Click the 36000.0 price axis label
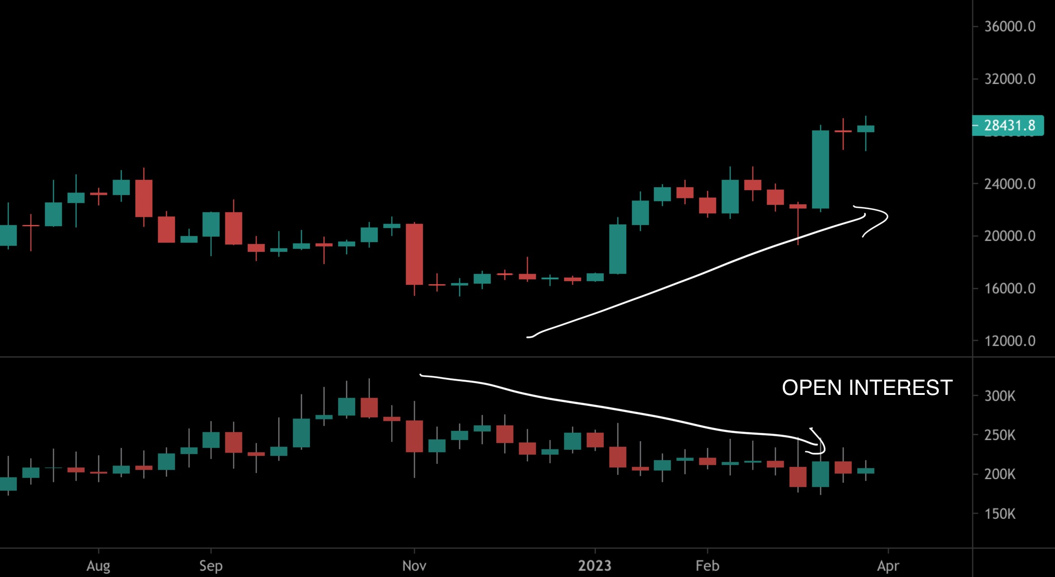(x=1009, y=27)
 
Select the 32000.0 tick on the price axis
(x=1009, y=79)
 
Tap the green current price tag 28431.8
(x=1009, y=125)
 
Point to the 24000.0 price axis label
(x=1009, y=184)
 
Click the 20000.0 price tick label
(x=1009, y=236)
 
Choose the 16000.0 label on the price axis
(x=1009, y=288)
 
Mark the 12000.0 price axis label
(x=1009, y=341)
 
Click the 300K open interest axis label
(x=1000, y=396)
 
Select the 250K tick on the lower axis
(x=1000, y=435)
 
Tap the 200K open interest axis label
(x=1000, y=475)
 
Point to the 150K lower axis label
(x=1000, y=514)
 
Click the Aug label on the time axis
(x=98, y=566)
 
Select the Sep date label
(x=210, y=566)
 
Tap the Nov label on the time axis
(x=414, y=566)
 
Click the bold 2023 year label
(x=594, y=566)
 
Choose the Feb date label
(x=707, y=566)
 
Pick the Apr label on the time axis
(x=888, y=566)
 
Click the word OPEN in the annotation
(x=812, y=388)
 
